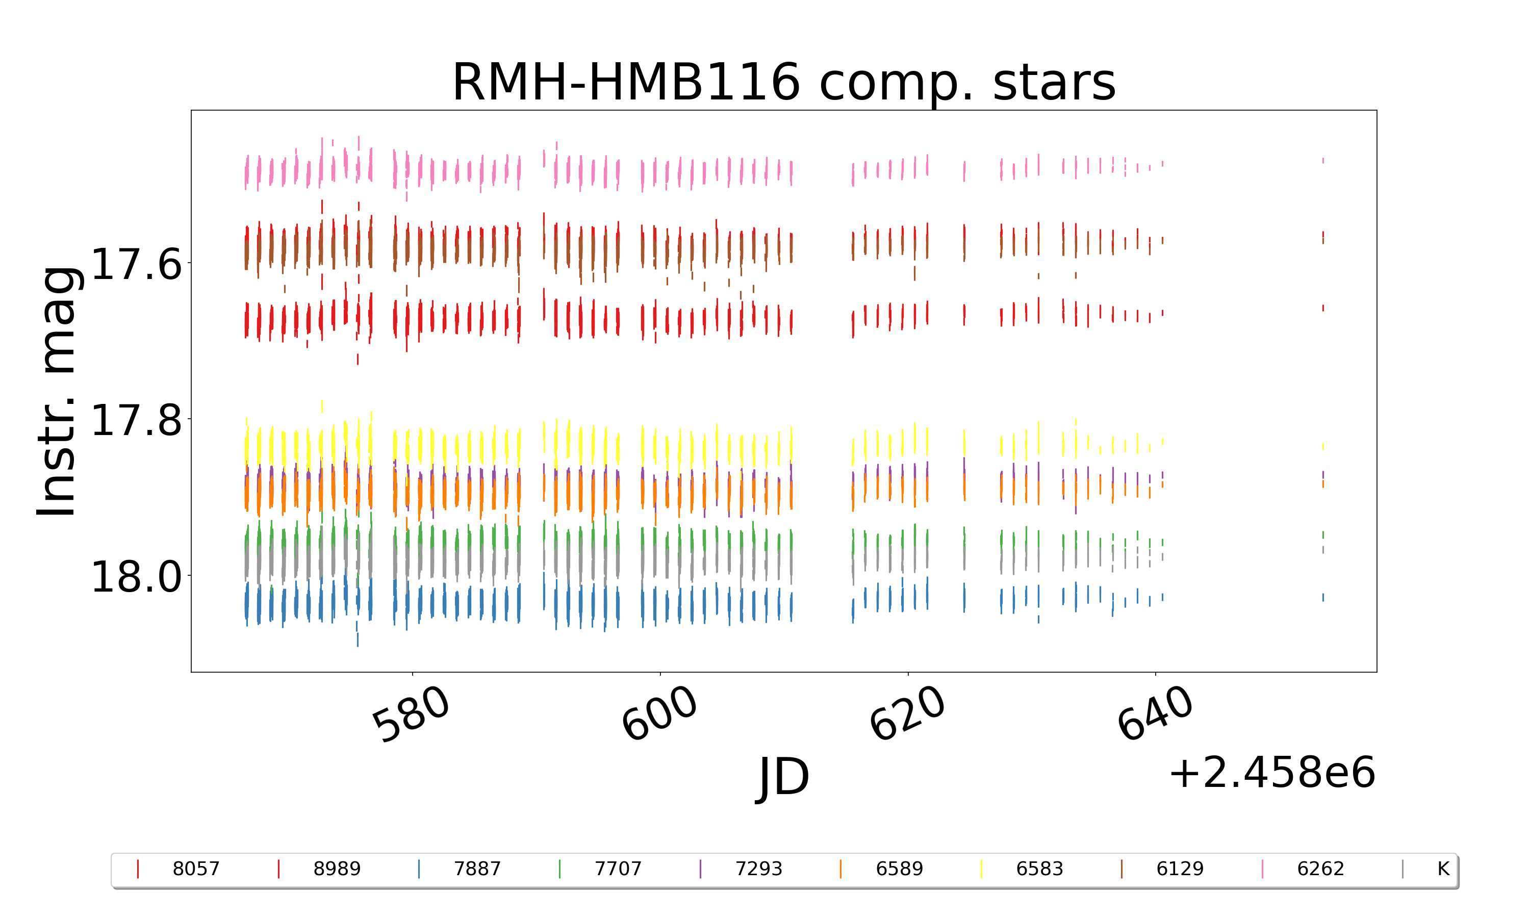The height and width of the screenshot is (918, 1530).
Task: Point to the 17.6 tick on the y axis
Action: pyautogui.click(x=137, y=264)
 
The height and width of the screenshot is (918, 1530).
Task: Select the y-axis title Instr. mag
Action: pyautogui.click(x=57, y=391)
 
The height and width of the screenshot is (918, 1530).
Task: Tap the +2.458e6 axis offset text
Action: pyautogui.click(x=1271, y=773)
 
